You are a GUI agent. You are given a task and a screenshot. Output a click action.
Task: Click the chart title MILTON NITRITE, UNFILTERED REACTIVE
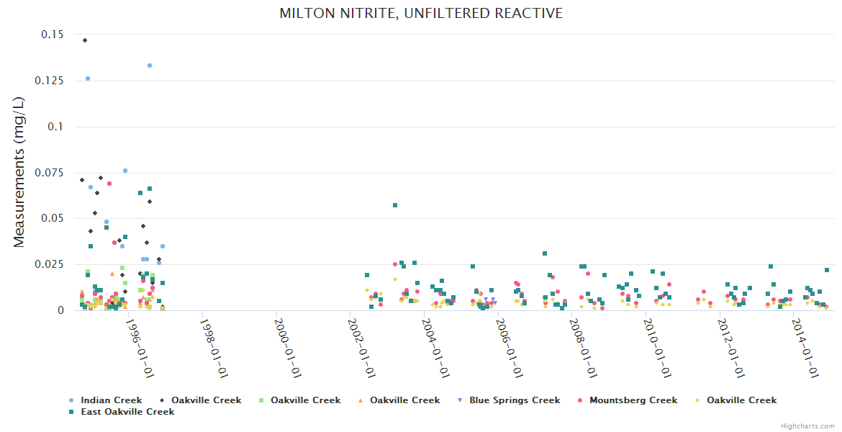421,14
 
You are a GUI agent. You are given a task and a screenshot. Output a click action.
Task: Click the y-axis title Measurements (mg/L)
19,173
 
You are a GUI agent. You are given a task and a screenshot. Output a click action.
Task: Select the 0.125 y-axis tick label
47,81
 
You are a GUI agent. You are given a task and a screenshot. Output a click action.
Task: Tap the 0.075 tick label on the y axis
47,173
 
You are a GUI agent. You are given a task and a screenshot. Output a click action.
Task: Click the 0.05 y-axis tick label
50,219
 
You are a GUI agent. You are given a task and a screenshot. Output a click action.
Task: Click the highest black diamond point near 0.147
85,40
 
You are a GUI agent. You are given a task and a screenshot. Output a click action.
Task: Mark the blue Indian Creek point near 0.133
150,66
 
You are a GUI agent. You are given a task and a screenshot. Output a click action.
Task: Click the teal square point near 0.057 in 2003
395,205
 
